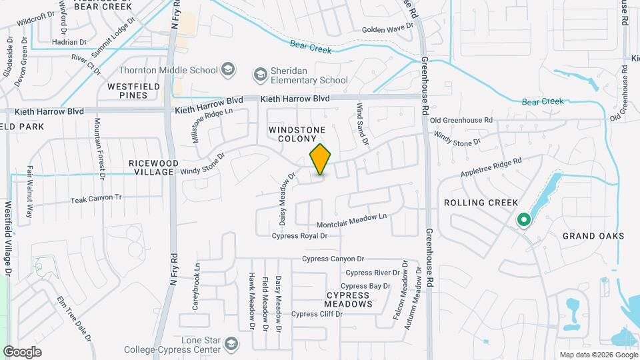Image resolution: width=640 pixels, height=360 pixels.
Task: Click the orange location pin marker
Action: [x=321, y=159]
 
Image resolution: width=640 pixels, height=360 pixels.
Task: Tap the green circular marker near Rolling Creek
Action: [x=524, y=219]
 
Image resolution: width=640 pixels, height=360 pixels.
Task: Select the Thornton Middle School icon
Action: [x=229, y=69]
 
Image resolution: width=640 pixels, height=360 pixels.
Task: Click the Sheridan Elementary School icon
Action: [x=259, y=72]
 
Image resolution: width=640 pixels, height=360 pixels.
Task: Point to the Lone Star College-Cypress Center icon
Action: [x=231, y=344]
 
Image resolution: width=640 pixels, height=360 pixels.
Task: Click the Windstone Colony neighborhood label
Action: [x=297, y=133]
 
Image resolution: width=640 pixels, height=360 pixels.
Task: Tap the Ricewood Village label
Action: [x=155, y=167]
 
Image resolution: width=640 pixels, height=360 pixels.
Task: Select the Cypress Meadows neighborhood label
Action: [x=349, y=299]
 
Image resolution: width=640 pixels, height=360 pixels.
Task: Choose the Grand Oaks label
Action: [x=593, y=236]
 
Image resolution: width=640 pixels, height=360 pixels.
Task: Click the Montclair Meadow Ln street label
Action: [x=351, y=217]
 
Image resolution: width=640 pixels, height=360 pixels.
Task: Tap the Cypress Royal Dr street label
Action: [x=300, y=236]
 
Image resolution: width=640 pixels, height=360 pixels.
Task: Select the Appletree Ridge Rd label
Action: [x=490, y=167]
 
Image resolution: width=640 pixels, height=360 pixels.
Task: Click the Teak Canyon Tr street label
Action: [x=96, y=199]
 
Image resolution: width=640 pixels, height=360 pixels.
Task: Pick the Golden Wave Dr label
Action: [x=387, y=29]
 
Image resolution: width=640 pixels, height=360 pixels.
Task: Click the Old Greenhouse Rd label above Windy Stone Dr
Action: [x=461, y=120]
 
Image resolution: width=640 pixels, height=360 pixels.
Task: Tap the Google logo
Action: [x=22, y=351]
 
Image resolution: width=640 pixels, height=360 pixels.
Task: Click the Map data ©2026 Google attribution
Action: [x=597, y=355]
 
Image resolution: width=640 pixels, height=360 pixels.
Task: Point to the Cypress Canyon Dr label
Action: [x=333, y=259]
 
